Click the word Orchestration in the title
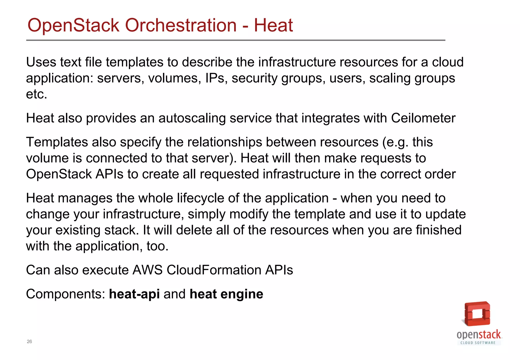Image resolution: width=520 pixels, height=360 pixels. [x=181, y=25]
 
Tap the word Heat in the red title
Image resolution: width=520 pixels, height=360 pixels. [x=273, y=25]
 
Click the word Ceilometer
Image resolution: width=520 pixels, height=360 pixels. [x=423, y=118]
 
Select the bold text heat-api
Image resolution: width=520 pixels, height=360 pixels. [x=134, y=294]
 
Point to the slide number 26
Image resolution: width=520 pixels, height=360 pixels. [x=29, y=342]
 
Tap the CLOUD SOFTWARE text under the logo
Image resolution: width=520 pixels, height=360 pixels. [x=478, y=343]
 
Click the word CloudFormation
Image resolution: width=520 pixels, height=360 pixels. [x=214, y=270]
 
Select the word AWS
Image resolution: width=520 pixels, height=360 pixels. [x=147, y=270]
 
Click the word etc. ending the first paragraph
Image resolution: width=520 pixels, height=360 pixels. [x=37, y=94]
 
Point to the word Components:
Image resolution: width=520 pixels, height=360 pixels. [x=66, y=294]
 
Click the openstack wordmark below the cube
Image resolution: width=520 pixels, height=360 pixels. [x=479, y=335]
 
